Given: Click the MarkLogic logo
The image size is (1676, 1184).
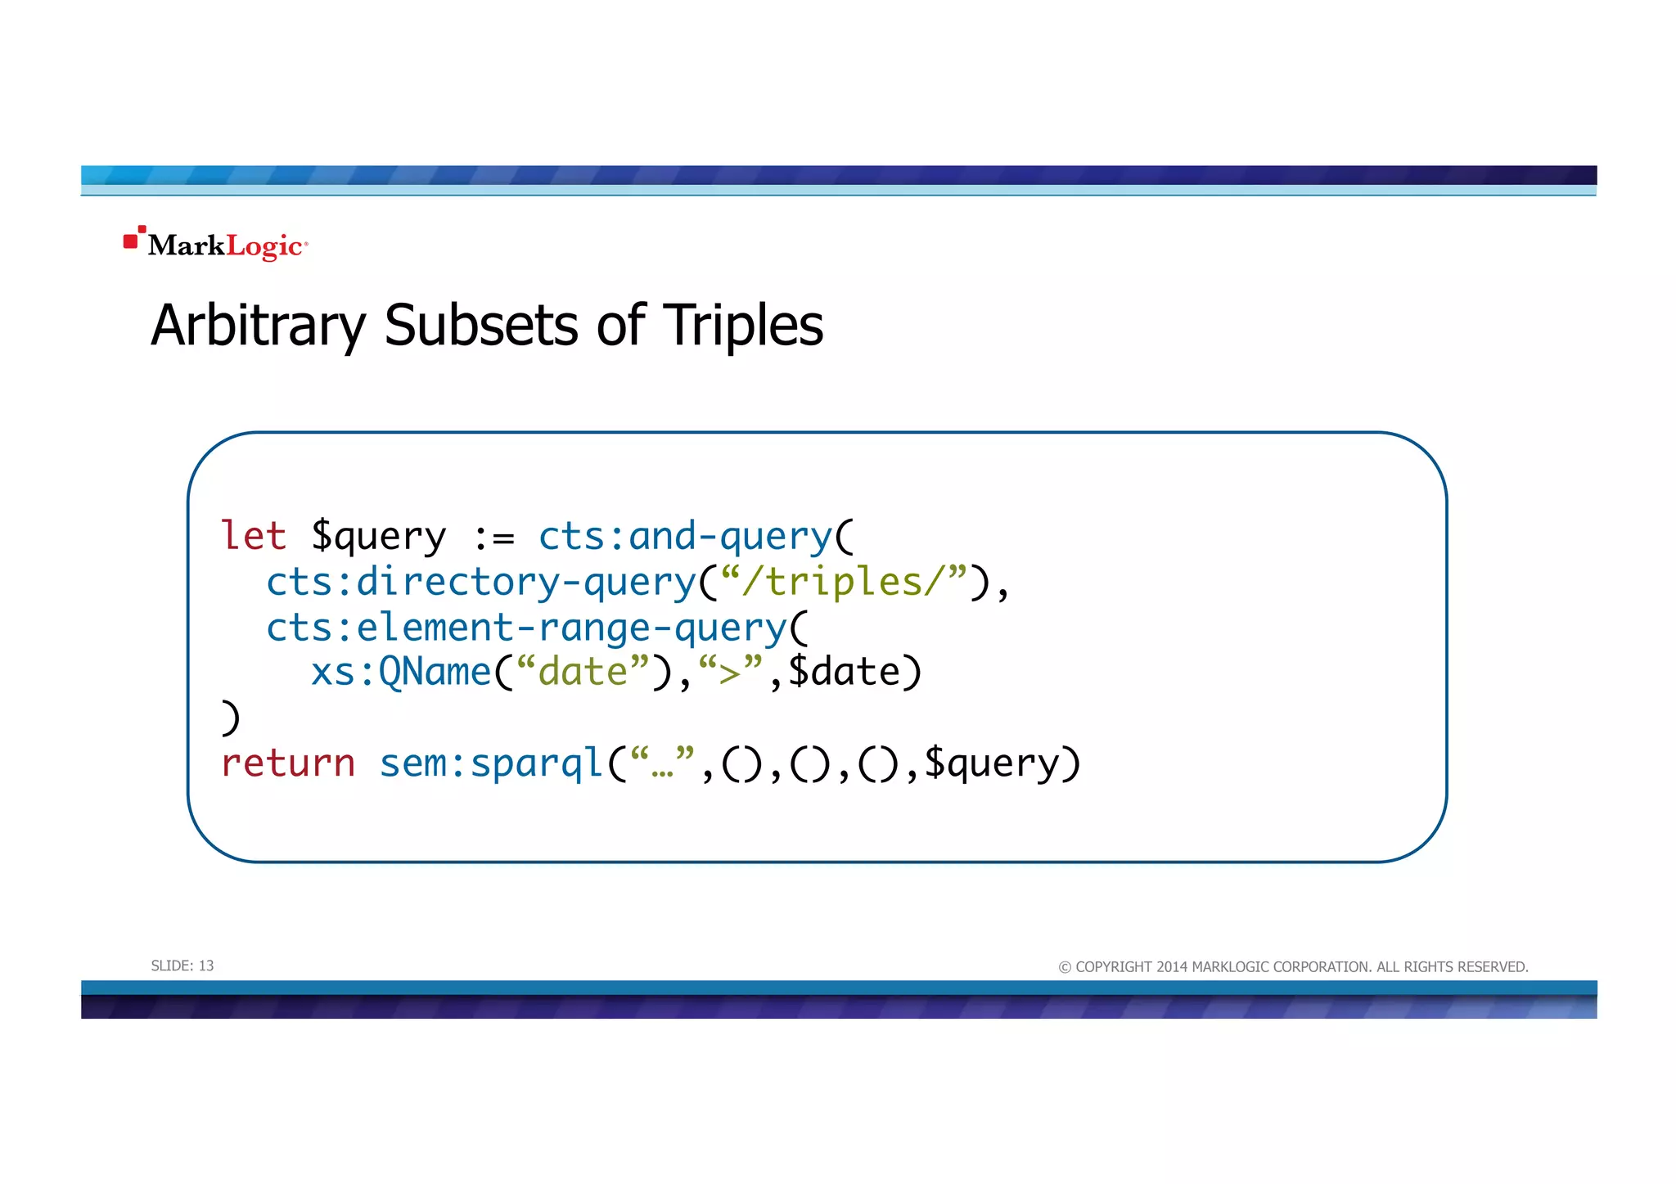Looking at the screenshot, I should (x=216, y=244).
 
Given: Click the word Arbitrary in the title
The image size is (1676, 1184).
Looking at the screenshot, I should (x=258, y=326).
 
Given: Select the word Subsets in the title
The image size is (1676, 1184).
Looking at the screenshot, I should (x=481, y=326).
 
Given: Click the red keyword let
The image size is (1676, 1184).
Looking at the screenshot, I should (x=254, y=537).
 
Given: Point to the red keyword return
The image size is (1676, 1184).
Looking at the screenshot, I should (x=288, y=763).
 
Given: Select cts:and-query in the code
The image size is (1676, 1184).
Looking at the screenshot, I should (x=685, y=537).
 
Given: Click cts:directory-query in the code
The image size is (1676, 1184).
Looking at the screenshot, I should (x=481, y=583).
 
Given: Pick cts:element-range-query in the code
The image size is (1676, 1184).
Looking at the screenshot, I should (x=526, y=628).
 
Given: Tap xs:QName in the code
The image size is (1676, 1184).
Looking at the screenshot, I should (x=401, y=673).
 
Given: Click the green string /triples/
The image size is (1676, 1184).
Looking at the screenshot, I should (x=845, y=583).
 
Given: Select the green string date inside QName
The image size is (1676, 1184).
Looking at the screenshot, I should (x=583, y=673).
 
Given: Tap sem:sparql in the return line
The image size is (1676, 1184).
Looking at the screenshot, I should (x=491, y=763).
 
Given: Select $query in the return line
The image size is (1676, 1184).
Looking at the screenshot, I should (x=992, y=765).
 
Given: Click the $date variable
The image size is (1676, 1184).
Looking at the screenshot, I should (x=844, y=673).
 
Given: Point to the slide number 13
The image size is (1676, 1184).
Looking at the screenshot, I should (x=206, y=966).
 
